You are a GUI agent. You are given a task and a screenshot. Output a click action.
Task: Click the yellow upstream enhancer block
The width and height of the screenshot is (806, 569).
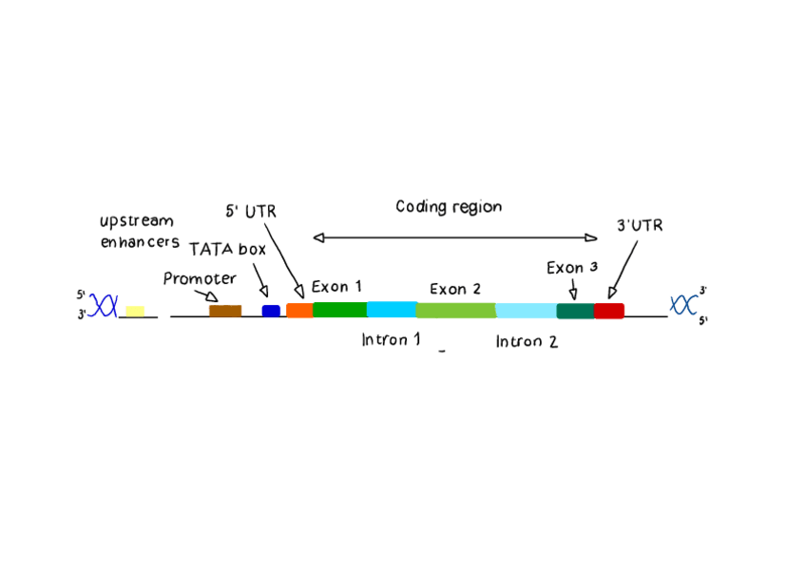(135, 311)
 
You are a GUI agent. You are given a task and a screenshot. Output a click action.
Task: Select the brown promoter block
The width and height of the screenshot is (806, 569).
(225, 311)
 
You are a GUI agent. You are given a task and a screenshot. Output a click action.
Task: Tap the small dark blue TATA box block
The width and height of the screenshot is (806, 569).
(271, 311)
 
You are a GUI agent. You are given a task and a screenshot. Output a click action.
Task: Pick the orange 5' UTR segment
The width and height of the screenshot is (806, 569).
(299, 311)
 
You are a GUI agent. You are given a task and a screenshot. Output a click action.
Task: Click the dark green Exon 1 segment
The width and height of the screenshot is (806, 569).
(339, 310)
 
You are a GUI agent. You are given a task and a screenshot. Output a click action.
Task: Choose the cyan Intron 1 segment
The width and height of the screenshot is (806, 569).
(392, 310)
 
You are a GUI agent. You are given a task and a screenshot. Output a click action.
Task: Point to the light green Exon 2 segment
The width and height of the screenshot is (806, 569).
(455, 311)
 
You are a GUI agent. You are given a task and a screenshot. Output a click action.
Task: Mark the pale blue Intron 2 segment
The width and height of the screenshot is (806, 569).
(526, 311)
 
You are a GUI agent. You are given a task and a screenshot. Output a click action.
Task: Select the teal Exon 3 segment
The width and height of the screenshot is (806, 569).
(575, 311)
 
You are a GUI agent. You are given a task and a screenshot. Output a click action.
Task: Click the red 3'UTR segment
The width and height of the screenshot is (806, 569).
(608, 311)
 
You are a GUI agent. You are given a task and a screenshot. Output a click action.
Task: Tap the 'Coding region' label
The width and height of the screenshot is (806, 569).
(449, 206)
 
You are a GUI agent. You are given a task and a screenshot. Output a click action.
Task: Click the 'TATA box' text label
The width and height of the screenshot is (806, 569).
(227, 250)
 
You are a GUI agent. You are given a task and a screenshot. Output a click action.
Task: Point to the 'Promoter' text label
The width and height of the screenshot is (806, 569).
(199, 279)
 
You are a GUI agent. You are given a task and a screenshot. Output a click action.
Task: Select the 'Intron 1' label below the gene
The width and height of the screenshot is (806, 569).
(391, 339)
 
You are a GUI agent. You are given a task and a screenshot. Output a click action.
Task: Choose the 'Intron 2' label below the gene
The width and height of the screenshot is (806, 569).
(526, 342)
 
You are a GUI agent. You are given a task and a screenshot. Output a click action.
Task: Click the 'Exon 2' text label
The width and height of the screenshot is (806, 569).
(455, 289)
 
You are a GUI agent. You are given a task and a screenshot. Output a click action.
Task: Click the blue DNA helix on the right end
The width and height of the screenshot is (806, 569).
(683, 305)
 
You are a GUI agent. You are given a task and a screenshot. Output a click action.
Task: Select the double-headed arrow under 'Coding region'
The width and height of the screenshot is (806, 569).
(454, 237)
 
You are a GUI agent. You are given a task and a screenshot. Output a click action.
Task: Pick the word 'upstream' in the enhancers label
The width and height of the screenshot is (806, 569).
(137, 222)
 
